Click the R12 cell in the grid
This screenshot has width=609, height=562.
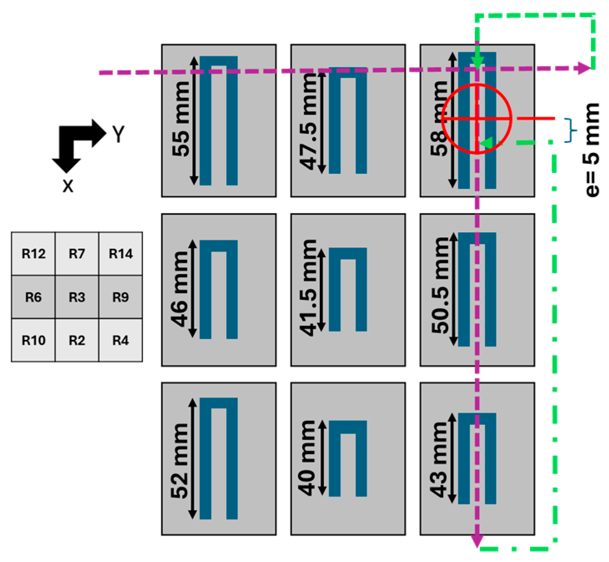[x=33, y=253]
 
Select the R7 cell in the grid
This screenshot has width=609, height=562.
[x=77, y=253]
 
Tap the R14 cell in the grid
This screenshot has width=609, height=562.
[x=120, y=253]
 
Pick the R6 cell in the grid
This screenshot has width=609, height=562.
[x=33, y=297]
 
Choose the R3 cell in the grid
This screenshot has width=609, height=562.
[x=77, y=297]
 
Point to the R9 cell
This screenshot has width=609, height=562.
[x=120, y=297]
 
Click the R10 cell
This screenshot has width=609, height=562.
[x=33, y=341]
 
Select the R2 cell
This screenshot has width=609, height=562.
[x=77, y=341]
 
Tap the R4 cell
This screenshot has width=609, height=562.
[x=120, y=341]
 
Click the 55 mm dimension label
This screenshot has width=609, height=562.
[x=181, y=119]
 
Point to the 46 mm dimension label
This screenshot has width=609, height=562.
[x=180, y=289]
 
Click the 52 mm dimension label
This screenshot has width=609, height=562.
[x=180, y=461]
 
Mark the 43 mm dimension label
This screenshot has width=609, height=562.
[x=440, y=459]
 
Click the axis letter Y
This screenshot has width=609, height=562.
[x=118, y=134]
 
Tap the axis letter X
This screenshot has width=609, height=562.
[x=68, y=186]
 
